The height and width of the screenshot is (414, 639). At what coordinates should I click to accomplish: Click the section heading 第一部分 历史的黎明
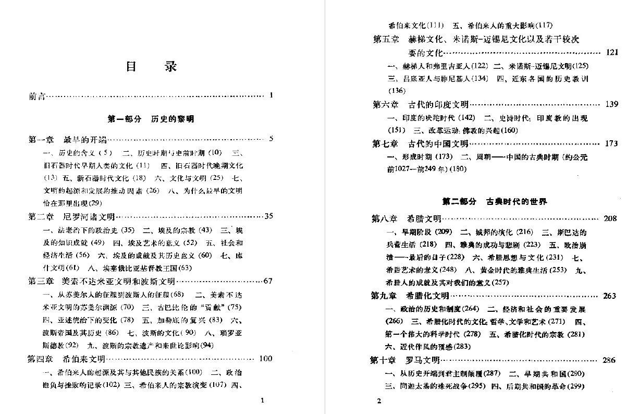tap(151, 119)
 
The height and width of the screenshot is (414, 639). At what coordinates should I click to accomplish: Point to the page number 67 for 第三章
tap(268, 281)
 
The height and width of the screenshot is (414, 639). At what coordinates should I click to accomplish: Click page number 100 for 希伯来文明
tap(265, 359)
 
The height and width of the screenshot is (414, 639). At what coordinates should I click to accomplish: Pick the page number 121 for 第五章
tap(612, 53)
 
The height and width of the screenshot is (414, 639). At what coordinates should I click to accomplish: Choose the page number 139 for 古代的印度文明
tap(612, 104)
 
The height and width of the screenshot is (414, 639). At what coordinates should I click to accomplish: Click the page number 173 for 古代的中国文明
tap(612, 143)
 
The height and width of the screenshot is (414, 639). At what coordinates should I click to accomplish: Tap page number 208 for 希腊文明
tap(610, 218)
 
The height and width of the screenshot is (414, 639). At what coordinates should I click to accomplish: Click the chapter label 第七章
tap(385, 143)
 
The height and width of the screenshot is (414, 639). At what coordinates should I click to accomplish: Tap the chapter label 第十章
tap(383, 360)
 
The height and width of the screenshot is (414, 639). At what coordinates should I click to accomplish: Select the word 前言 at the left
tap(37, 96)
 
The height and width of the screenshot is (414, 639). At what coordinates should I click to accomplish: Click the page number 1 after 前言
tap(272, 95)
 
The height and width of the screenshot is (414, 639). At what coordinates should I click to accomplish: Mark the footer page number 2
tap(379, 400)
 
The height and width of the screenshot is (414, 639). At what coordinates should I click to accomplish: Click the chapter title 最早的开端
tap(84, 139)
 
